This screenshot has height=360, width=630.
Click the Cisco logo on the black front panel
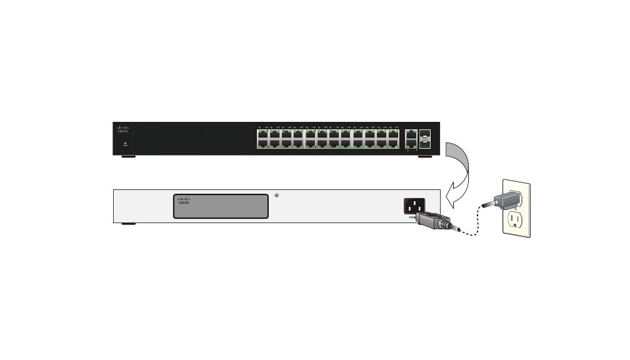click(x=122, y=129)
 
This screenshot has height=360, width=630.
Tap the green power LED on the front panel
click(x=125, y=143)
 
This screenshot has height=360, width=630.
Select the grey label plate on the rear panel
click(x=221, y=206)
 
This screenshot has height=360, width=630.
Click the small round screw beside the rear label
click(x=277, y=196)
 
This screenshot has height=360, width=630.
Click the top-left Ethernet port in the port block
click(x=262, y=133)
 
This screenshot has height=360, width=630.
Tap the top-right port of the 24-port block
click(x=393, y=133)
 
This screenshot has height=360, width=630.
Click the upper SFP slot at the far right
click(x=425, y=134)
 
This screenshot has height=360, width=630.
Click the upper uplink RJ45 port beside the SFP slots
click(x=411, y=134)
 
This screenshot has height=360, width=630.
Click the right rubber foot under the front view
click(x=424, y=156)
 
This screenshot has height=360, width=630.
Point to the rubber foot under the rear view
click(x=129, y=223)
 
